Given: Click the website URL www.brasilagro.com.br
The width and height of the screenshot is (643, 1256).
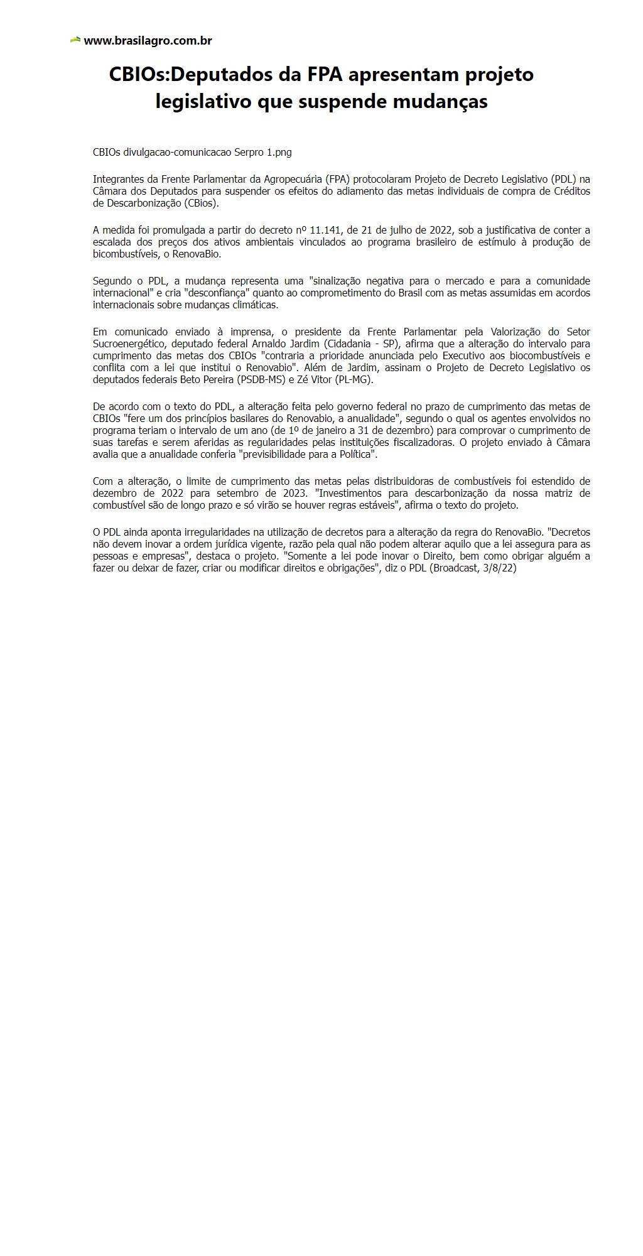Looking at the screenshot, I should point(148,41).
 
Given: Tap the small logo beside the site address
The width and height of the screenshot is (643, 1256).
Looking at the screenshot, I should point(75,40).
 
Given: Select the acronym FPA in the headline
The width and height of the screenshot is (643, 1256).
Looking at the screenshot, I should point(325,74).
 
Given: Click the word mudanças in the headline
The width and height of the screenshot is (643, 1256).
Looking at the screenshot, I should point(440,101).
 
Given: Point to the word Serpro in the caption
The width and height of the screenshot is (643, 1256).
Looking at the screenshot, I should point(249,152).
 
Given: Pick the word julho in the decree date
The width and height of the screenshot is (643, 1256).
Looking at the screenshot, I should point(411,230).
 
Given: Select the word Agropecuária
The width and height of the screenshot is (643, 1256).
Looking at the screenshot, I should point(293,179).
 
